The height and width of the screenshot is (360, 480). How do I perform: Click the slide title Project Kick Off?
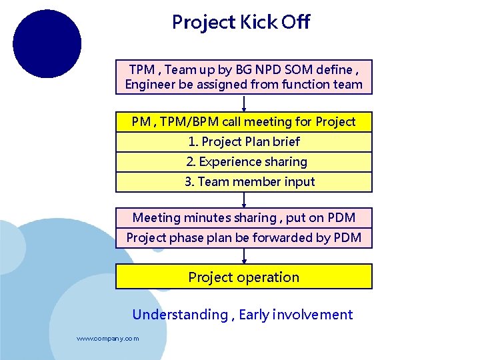pyautogui.click(x=241, y=23)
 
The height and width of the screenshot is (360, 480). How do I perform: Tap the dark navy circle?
pyautogui.click(x=47, y=44)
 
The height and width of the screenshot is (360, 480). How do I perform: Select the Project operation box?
pyautogui.click(x=244, y=277)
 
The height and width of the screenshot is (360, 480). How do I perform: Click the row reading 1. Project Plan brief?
pyautogui.click(x=244, y=142)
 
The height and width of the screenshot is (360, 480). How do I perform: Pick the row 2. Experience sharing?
pyautogui.click(x=244, y=162)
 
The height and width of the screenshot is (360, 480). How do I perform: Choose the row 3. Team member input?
pyautogui.click(x=244, y=182)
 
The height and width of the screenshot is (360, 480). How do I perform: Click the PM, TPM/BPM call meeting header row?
pyautogui.click(x=244, y=122)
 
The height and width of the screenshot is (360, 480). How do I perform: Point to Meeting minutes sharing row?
pyautogui.click(x=244, y=218)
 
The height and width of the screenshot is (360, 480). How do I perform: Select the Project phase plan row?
pyautogui.click(x=244, y=238)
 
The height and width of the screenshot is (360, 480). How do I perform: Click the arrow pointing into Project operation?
pyautogui.click(x=244, y=256)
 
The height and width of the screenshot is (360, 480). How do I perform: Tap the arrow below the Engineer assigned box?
pyautogui.click(x=244, y=103)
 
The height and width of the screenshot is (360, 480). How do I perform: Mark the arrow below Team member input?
pyautogui.click(x=244, y=200)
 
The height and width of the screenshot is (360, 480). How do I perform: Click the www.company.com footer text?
pyautogui.click(x=108, y=339)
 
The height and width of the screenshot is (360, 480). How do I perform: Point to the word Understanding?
pyautogui.click(x=180, y=315)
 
